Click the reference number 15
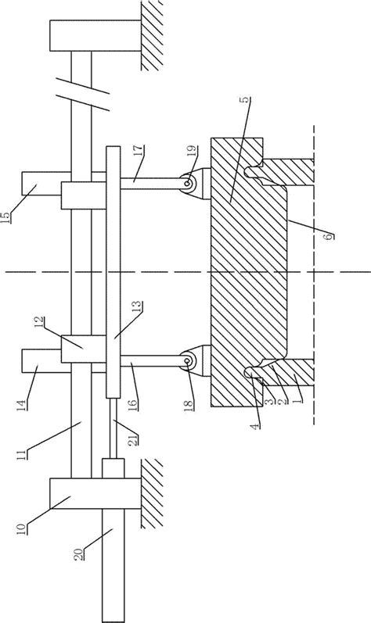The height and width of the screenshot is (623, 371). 6,218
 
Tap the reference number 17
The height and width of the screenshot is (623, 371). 139,152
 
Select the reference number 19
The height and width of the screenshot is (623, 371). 191,152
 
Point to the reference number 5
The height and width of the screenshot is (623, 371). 247,99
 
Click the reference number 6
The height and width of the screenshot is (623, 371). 329,236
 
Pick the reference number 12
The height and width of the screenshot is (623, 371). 40,322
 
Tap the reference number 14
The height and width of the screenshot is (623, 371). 22,404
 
